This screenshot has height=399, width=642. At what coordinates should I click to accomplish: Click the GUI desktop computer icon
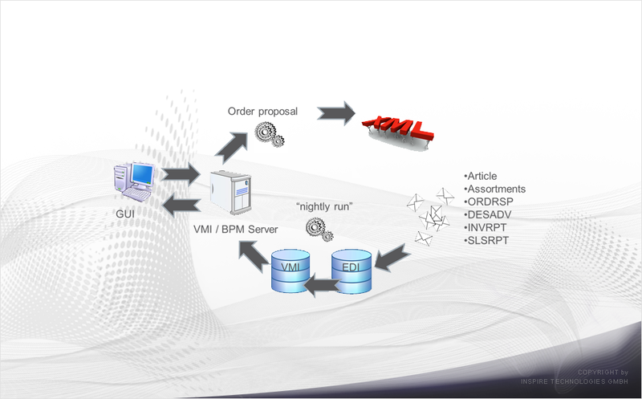134,182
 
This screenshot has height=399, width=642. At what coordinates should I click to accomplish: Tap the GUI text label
125,214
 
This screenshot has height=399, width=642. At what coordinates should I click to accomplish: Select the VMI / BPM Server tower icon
230,193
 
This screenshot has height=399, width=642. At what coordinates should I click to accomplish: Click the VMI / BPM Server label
235,230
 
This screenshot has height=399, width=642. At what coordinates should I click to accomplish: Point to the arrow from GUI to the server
180,174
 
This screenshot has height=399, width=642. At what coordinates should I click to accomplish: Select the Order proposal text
262,112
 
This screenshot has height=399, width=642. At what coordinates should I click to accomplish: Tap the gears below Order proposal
270,135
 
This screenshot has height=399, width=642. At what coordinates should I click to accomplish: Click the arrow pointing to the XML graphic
336,113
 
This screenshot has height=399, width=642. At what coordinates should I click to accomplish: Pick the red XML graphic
397,131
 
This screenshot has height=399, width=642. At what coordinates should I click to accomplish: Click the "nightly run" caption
324,206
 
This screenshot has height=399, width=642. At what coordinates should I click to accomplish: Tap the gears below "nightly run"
319,230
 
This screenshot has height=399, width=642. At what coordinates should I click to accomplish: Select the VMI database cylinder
291,271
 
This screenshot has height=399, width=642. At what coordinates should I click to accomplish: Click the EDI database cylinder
351,271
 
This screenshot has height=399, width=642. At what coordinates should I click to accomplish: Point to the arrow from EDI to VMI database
323,285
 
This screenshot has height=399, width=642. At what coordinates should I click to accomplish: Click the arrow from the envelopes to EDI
392,258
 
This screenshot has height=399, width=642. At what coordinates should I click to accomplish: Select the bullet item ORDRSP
489,202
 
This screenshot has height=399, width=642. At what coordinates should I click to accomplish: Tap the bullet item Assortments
494,189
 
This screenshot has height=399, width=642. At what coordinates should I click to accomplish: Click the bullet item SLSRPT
486,241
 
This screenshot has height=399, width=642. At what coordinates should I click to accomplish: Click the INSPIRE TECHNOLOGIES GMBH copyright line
574,381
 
